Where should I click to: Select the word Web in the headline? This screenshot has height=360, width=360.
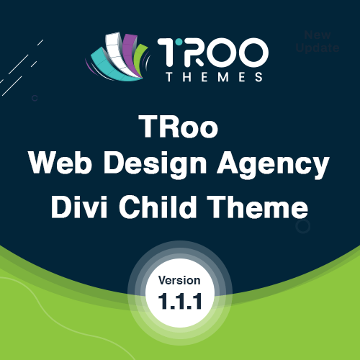pyautogui.click(x=60, y=163)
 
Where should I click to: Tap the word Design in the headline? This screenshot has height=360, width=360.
pyautogui.click(x=155, y=165)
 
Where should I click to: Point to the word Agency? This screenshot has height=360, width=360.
pyautogui.click(x=273, y=165)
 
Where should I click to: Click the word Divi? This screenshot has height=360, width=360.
pyautogui.click(x=79, y=207)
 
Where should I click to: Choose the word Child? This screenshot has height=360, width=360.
pyautogui.click(x=158, y=207)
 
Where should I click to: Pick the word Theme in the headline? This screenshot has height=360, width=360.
pyautogui.click(x=258, y=207)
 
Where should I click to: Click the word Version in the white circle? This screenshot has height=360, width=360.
pyautogui.click(x=179, y=280)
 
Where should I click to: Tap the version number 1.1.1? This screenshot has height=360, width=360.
pyautogui.click(x=180, y=301)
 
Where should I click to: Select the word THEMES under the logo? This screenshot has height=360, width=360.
pyautogui.click(x=215, y=77)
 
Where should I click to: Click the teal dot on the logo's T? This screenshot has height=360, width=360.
pyautogui.click(x=178, y=42)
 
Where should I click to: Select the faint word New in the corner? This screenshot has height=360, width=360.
pyautogui.click(x=318, y=35)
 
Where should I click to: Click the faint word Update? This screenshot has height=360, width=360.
pyautogui.click(x=318, y=48)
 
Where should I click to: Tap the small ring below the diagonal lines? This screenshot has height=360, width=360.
pyautogui.click(x=35, y=98)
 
